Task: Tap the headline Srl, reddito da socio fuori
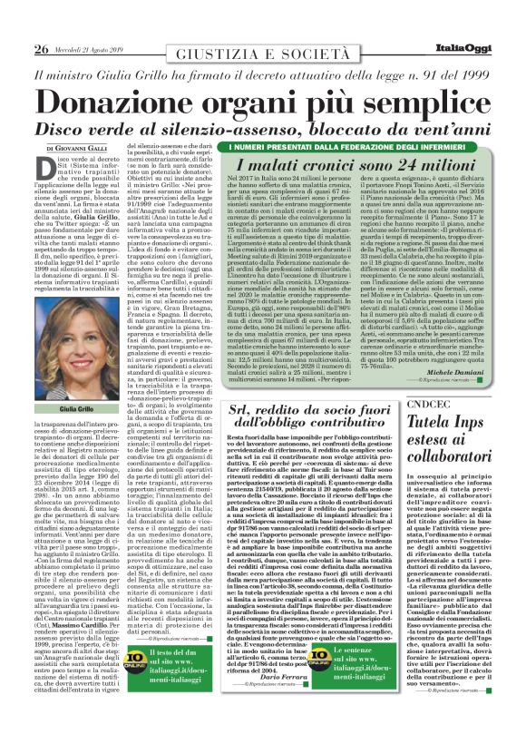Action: (296, 384)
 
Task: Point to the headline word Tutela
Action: (432, 396)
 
